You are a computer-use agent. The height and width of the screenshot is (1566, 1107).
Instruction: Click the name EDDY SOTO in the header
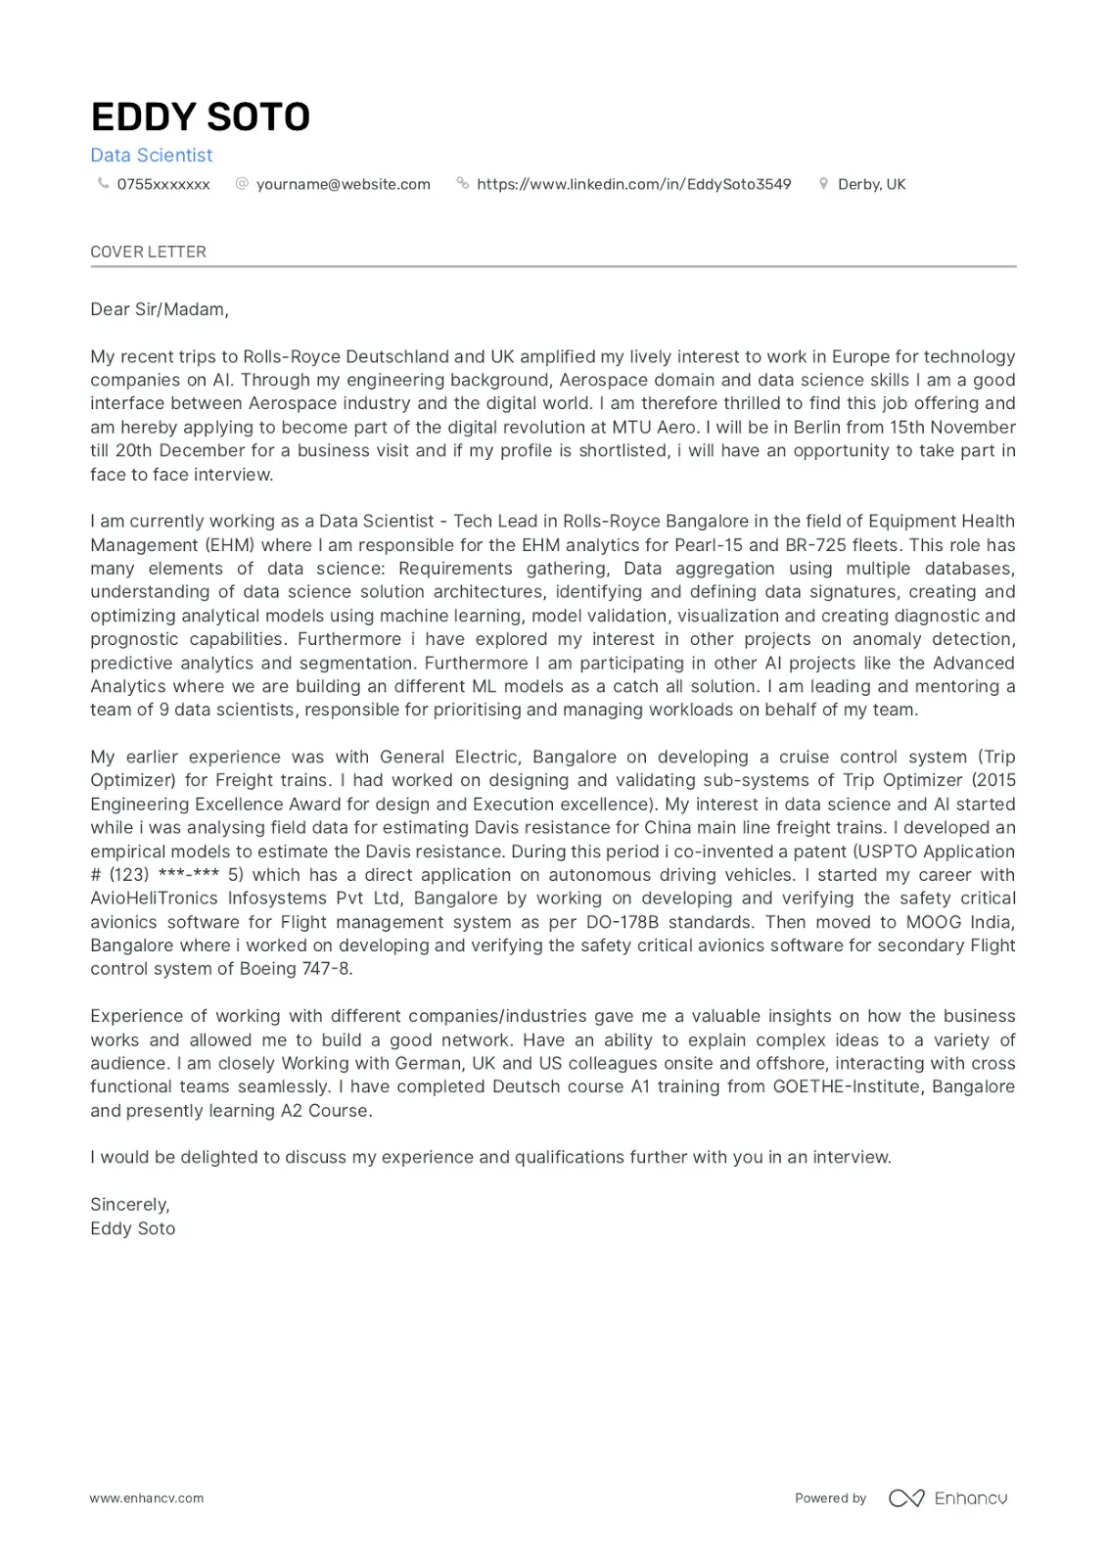[200, 117]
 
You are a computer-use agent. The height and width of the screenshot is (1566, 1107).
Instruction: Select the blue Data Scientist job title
[151, 155]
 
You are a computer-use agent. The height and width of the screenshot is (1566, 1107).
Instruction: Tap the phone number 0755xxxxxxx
[163, 184]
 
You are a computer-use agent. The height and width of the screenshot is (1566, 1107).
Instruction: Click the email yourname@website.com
[343, 184]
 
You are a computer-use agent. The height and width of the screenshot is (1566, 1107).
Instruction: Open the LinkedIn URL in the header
[633, 184]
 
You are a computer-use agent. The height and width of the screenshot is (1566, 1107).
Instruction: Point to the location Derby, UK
[871, 184]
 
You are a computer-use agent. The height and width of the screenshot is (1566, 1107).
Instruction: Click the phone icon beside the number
[103, 183]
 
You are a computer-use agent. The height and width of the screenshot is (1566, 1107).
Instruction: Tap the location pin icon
[823, 183]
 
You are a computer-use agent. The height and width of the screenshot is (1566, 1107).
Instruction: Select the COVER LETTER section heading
[148, 252]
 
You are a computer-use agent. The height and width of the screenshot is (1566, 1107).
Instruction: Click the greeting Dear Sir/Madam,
[159, 309]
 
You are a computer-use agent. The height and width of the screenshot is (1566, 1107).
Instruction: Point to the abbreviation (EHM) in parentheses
[230, 545]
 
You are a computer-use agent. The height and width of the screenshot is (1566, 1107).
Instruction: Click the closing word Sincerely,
[129, 1205]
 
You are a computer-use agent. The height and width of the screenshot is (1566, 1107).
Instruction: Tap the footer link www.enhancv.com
[147, 1498]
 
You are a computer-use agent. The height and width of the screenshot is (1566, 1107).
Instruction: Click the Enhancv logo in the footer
[947, 1498]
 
